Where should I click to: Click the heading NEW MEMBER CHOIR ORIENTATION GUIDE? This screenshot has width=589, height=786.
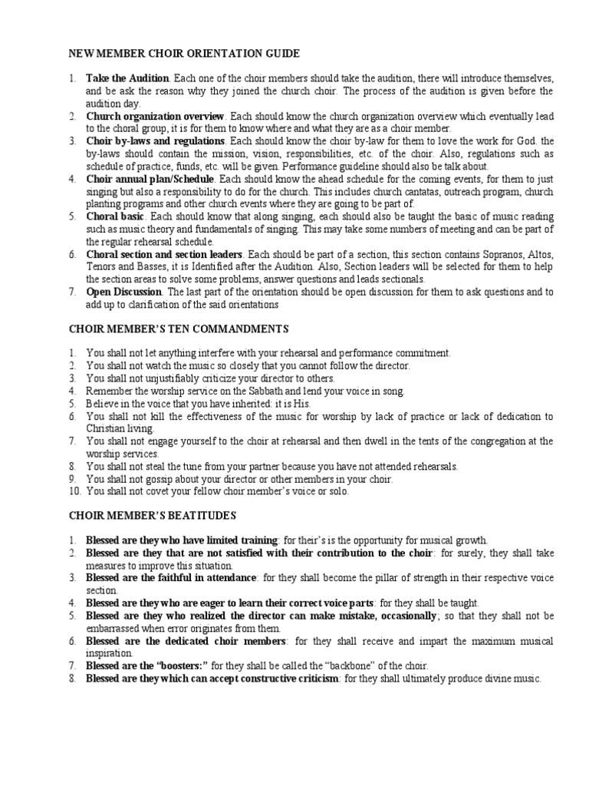tap(185, 53)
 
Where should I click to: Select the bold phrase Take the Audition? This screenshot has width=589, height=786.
tap(127, 79)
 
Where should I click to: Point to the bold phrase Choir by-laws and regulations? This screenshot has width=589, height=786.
tap(155, 141)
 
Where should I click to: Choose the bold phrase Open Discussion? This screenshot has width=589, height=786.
tap(123, 292)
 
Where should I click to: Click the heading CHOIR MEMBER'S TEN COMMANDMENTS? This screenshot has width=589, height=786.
tap(179, 329)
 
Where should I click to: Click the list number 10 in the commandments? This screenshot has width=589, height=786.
tap(73, 491)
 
